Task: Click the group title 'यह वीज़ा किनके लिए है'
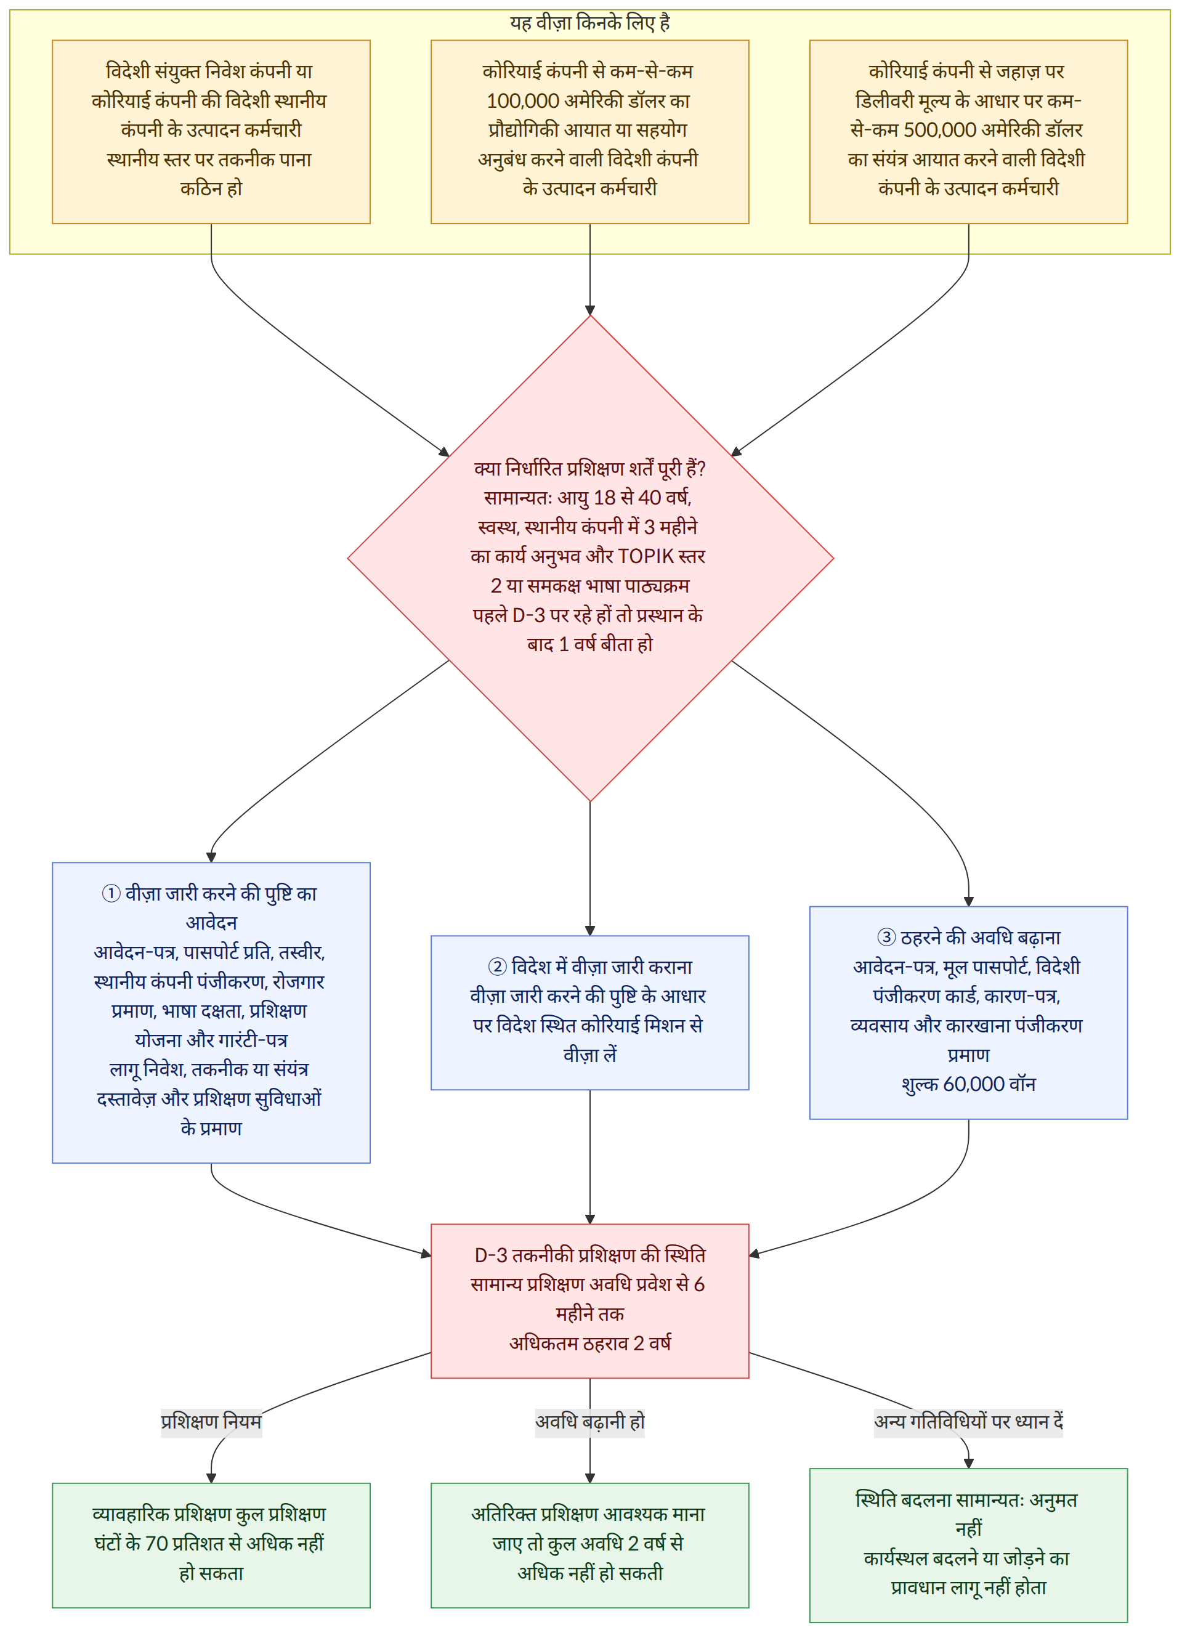coord(590,23)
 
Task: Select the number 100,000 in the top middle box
coord(523,101)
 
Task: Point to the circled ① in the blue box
coord(111,893)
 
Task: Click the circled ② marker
coord(497,967)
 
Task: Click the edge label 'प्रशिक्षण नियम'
coord(211,1421)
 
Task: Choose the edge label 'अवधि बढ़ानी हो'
coord(590,1421)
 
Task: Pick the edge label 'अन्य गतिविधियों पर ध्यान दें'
coord(969,1421)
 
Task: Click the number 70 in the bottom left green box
coord(156,1544)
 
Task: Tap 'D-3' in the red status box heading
coord(492,1255)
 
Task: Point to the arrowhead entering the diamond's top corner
coord(590,310)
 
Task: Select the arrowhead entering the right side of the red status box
coord(755,1254)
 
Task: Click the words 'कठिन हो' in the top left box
coord(211,189)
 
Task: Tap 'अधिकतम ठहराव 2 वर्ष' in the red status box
coord(590,1344)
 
